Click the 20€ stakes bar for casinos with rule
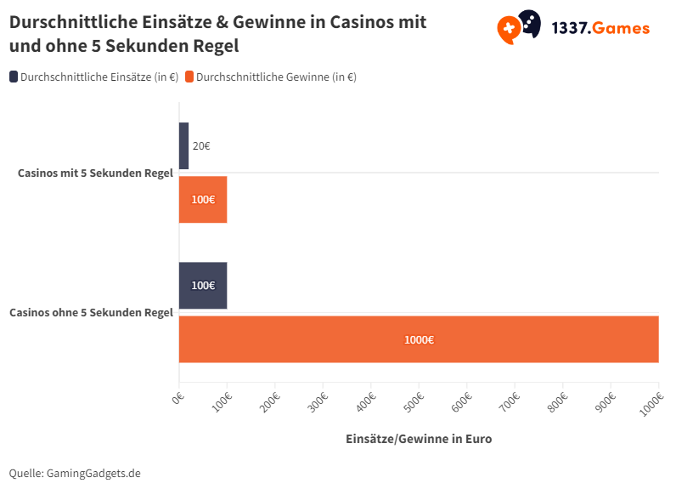[183, 145]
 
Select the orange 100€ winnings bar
[203, 200]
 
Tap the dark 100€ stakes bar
[203, 285]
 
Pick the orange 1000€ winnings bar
[510, 339]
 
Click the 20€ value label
[201, 145]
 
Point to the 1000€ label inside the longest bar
[419, 339]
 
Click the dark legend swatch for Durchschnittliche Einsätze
[14, 77]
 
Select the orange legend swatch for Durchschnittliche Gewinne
[189, 77]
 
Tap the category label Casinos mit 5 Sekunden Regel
[95, 173]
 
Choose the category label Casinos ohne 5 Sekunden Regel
[91, 312]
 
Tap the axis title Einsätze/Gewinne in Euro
[419, 439]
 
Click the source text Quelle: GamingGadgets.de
[75, 472]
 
